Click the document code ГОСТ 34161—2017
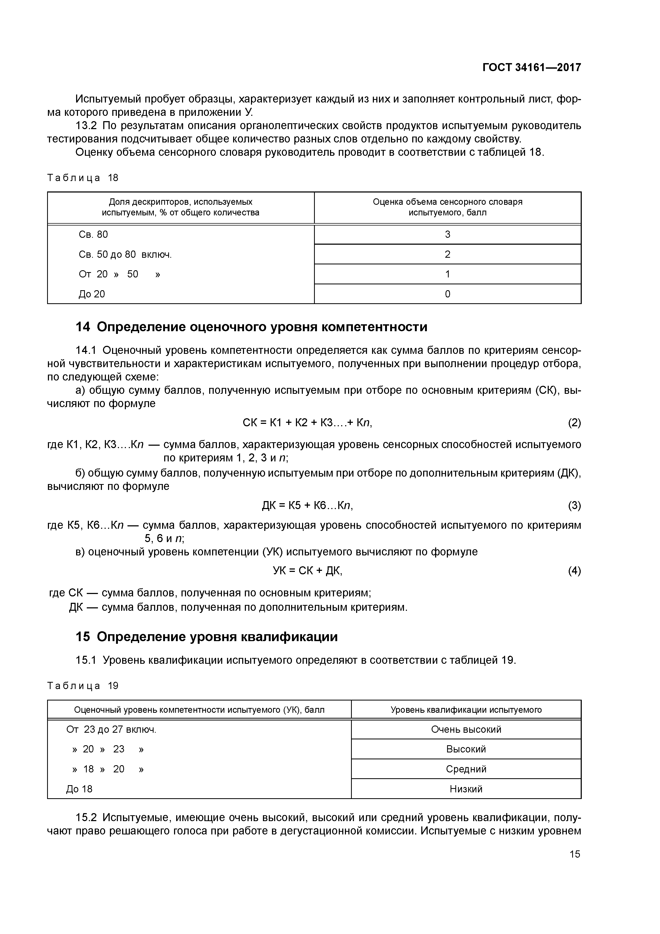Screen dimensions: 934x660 click(531, 67)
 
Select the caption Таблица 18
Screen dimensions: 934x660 click(82, 178)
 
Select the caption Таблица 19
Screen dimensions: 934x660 click(82, 686)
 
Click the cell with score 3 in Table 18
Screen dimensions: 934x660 click(447, 234)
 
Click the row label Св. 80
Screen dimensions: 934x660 click(93, 234)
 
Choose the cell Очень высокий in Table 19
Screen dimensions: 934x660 click(466, 729)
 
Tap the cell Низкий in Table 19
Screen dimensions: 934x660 click(466, 789)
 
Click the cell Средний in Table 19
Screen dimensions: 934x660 click(466, 769)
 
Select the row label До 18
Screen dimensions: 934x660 click(79, 789)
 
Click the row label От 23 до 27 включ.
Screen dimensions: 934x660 click(111, 729)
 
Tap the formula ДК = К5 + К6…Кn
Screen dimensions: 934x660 click(307, 506)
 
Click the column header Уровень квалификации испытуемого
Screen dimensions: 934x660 click(466, 710)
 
